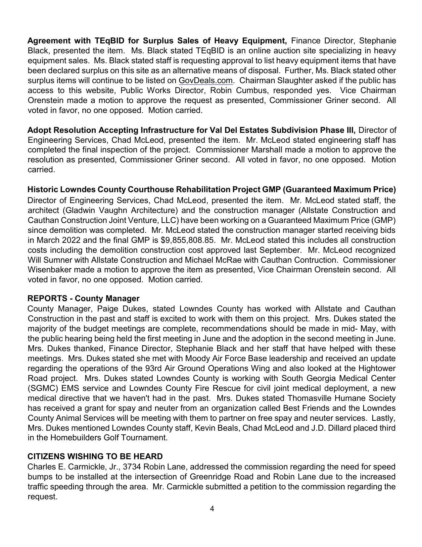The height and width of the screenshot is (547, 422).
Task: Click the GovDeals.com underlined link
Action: tap(206, 81)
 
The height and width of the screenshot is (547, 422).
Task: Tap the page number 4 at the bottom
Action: tap(212, 509)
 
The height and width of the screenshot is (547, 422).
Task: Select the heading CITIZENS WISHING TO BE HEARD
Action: tap(95, 456)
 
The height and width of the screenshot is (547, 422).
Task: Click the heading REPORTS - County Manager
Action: tap(83, 298)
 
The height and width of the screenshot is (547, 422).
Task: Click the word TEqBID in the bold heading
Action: tap(110, 41)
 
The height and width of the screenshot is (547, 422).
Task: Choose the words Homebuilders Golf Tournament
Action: tap(109, 438)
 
